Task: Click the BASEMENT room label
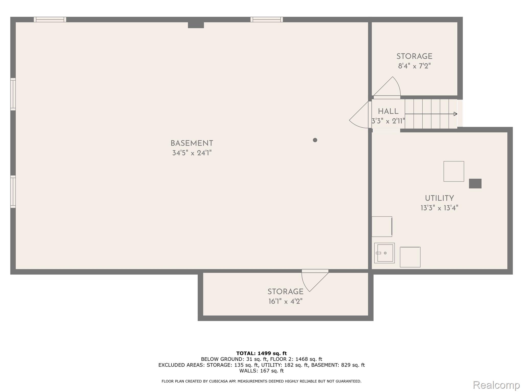click(x=192, y=143)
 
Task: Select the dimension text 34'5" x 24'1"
click(x=192, y=153)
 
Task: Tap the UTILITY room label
click(x=439, y=198)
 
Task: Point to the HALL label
click(x=388, y=112)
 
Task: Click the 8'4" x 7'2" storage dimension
click(x=414, y=66)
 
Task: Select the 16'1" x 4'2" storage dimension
click(x=285, y=301)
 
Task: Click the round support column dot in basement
click(x=315, y=140)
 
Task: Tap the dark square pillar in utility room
click(x=475, y=183)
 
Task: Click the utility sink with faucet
click(x=384, y=253)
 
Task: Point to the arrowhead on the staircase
click(x=455, y=114)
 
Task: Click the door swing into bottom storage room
click(x=313, y=281)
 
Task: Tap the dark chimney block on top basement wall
click(x=196, y=25)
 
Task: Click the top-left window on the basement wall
click(x=50, y=19)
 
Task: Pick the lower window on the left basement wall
click(x=13, y=191)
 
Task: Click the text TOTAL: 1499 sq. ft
click(x=261, y=353)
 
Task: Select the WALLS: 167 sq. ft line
click(x=261, y=371)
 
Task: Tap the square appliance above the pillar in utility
click(x=454, y=171)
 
